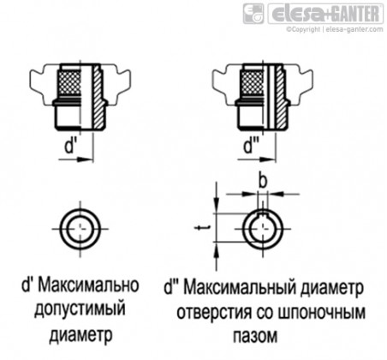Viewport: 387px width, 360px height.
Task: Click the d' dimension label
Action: [x=69, y=147]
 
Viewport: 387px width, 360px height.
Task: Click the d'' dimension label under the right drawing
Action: [x=250, y=147]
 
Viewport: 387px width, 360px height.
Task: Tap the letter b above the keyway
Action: [x=263, y=180]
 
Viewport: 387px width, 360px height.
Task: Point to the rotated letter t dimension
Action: [x=202, y=228]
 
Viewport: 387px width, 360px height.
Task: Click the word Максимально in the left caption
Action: [x=88, y=285]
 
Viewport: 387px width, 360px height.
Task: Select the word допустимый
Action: [x=80, y=309]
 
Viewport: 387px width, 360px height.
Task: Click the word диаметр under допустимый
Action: [x=80, y=334]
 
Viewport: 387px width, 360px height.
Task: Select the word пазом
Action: [x=255, y=336]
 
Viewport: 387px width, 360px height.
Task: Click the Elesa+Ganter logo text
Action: [x=325, y=14]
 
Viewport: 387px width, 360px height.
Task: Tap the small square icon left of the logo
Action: [x=253, y=14]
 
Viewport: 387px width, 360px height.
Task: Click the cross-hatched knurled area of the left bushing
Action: [x=69, y=84]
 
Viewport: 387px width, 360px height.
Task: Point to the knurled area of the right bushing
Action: [x=253, y=84]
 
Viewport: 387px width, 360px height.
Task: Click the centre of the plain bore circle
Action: [x=80, y=229]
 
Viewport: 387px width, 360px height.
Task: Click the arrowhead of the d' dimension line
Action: [x=86, y=159]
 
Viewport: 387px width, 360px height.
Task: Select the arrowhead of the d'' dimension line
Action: [x=267, y=159]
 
